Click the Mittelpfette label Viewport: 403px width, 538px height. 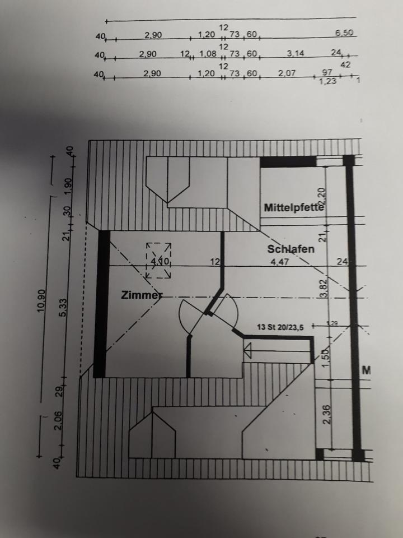294,207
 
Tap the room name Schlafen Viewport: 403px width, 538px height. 290,249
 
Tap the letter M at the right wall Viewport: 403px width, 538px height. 367,370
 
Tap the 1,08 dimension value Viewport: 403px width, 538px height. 207,54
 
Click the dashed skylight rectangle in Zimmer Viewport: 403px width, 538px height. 158,261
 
